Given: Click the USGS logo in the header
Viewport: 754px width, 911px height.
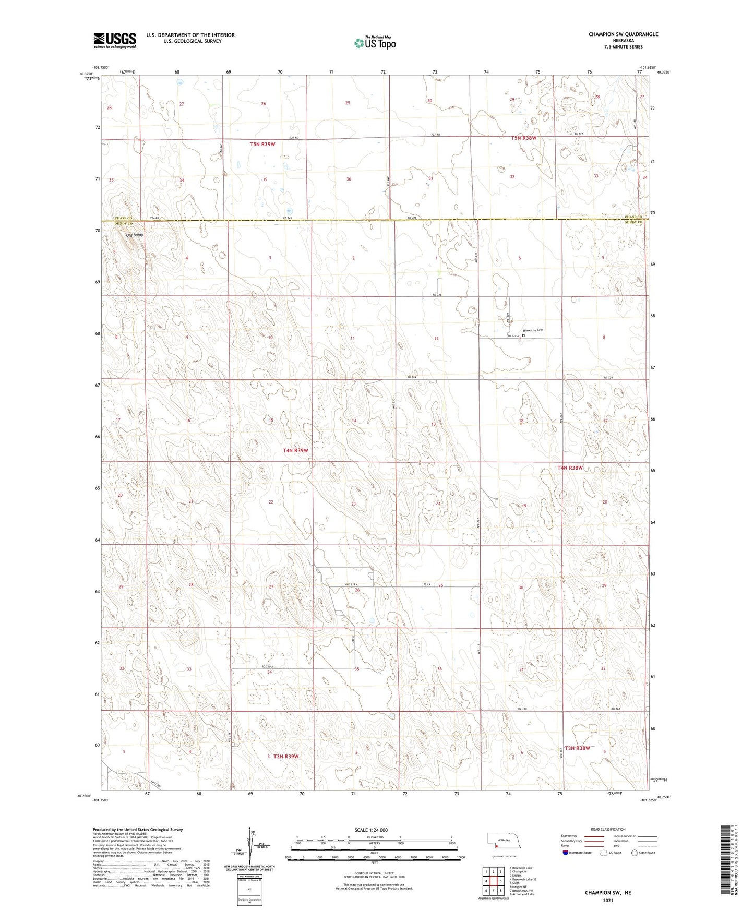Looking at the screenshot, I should [114, 40].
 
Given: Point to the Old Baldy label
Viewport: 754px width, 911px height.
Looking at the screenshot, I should [134, 235].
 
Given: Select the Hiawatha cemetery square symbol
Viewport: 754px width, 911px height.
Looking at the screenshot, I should [523, 337].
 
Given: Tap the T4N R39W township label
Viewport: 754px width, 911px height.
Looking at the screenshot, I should [295, 450].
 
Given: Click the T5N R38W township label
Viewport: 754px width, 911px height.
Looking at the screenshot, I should [523, 138].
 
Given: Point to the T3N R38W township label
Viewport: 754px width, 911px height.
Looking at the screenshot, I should [577, 748].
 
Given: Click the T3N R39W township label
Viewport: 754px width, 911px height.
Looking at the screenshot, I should [285, 756].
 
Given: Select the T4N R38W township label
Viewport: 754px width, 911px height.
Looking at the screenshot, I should [569, 468].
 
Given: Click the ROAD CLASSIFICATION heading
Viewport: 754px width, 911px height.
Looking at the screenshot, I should [608, 829].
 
